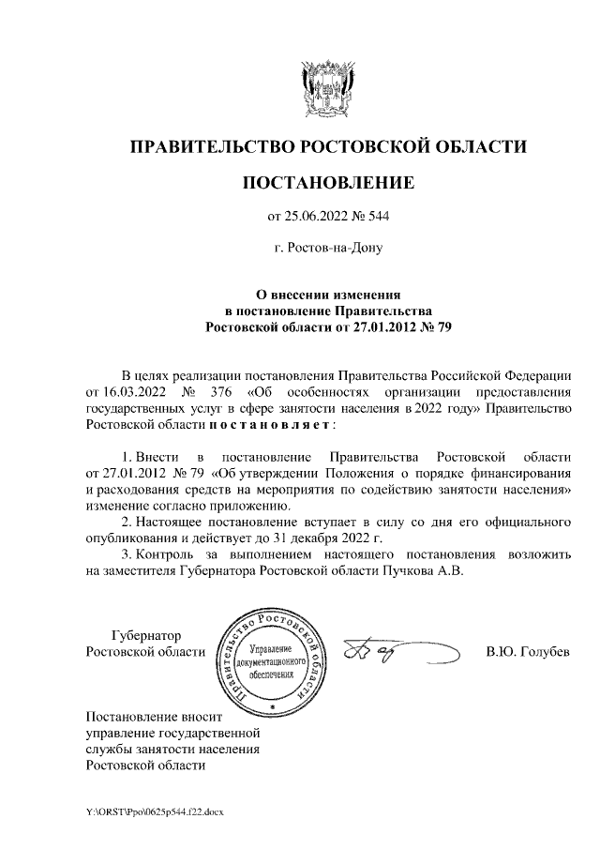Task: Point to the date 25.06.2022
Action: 318,218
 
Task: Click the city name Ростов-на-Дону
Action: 327,250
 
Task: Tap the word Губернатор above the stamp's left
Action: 147,635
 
